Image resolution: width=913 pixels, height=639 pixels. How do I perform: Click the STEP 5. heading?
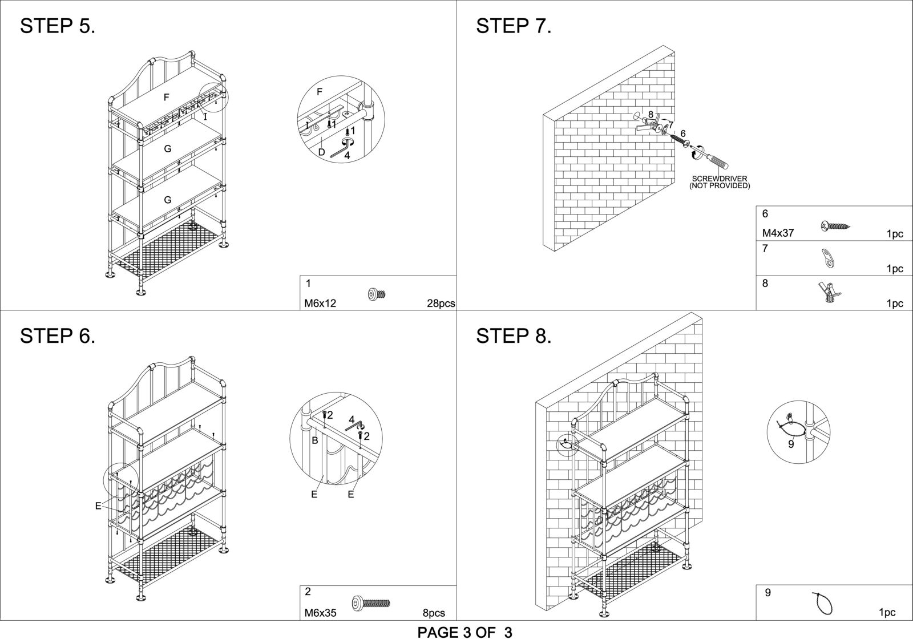[58, 26]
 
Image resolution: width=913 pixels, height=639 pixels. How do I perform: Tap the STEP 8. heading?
[514, 336]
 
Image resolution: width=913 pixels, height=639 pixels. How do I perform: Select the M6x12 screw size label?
[320, 303]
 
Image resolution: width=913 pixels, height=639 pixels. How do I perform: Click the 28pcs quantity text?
[441, 303]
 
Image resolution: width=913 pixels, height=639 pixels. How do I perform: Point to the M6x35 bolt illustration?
[370, 602]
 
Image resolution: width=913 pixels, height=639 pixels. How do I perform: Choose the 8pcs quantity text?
[434, 613]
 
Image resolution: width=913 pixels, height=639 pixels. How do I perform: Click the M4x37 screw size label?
[778, 233]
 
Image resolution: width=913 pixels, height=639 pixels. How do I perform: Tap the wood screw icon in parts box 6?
[835, 226]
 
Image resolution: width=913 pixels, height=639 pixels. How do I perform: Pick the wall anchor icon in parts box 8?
[830, 293]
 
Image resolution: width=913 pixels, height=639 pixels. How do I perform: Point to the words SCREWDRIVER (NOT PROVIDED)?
[720, 182]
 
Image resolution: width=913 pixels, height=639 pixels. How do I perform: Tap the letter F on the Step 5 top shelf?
[166, 98]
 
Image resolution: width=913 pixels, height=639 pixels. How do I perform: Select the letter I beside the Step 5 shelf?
[205, 117]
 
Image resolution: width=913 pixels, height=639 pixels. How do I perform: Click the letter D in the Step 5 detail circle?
[322, 152]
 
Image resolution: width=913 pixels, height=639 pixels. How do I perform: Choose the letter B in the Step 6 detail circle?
[314, 440]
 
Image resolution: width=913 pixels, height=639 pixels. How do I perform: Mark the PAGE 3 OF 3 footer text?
[464, 632]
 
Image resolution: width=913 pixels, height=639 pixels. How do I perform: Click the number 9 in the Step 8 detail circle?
[791, 444]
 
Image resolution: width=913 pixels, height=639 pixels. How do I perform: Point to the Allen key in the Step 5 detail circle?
[341, 148]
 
